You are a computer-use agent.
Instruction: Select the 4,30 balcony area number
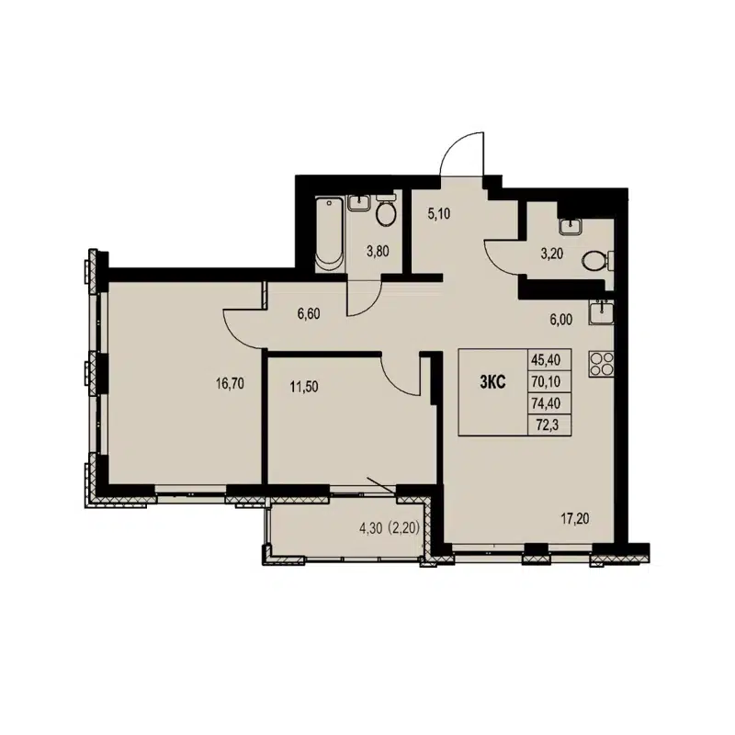(x=371, y=527)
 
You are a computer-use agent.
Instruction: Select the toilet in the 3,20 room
(x=595, y=261)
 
